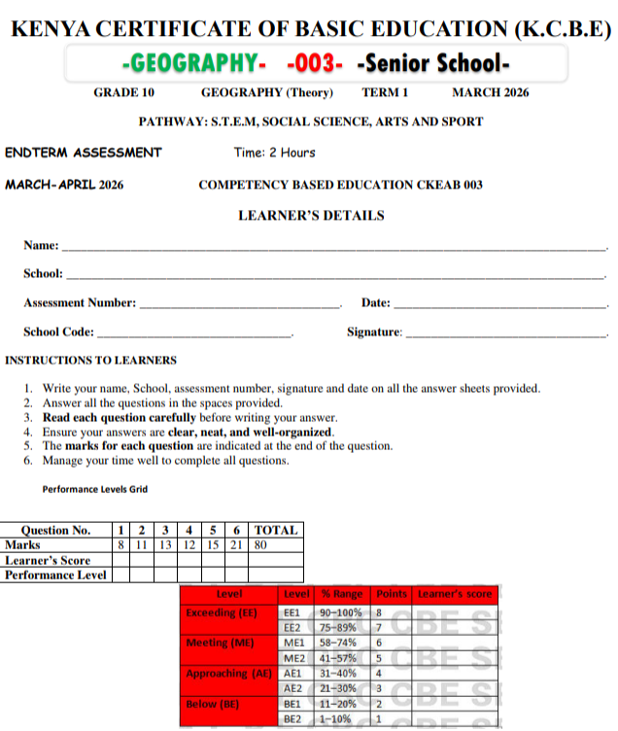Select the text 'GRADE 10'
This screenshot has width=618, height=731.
coord(123,93)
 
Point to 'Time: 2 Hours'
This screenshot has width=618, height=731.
coord(274,153)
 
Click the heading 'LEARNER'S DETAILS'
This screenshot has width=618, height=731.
coord(311,216)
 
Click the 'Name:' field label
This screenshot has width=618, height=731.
coord(41,246)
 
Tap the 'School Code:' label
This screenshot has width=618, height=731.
coord(59,331)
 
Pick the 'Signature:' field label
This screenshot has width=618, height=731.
coord(374,332)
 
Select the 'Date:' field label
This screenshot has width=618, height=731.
coord(375,303)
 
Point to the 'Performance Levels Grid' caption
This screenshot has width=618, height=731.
coord(95,489)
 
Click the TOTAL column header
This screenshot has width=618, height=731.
coord(276,531)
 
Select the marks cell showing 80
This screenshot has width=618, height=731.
coord(260,545)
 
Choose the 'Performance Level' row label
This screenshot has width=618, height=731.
coord(55,574)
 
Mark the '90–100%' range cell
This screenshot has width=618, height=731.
coord(341,613)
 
